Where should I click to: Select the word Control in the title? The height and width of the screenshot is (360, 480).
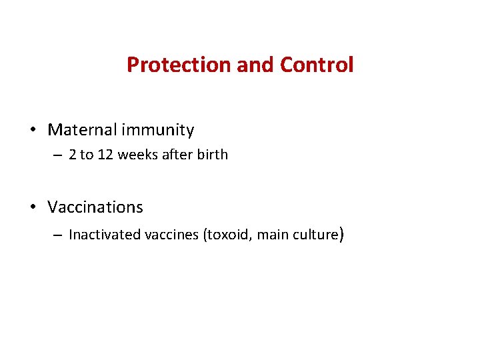pos(317,65)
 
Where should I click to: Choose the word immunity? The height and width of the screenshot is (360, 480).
pos(159,130)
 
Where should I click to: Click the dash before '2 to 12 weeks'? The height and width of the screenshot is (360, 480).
pos(58,155)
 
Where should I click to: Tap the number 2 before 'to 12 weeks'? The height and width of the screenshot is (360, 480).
pos(73,155)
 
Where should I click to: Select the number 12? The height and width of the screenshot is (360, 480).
pos(105,155)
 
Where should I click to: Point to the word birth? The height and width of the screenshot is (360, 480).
pos(212,155)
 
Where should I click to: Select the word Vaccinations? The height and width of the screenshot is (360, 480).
pos(95,207)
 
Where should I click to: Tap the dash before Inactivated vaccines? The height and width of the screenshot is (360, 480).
pos(58,235)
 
